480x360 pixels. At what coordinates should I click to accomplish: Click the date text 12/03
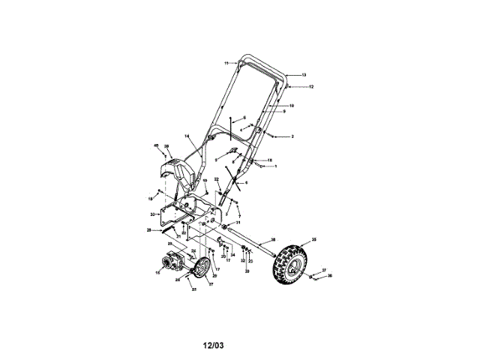pyautogui.click(x=214, y=346)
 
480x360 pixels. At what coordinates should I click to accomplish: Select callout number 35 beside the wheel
pyautogui.click(x=314, y=240)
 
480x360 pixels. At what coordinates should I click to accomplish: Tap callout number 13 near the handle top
pyautogui.click(x=304, y=76)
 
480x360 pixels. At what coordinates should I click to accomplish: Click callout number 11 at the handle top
pyautogui.click(x=226, y=63)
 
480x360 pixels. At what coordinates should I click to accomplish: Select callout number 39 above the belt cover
pyautogui.click(x=167, y=146)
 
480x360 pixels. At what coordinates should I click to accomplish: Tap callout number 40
pyautogui.click(x=156, y=145)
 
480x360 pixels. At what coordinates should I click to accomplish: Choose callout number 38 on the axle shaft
pyautogui.click(x=273, y=238)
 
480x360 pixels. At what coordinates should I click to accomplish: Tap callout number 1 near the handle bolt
pyautogui.click(x=275, y=166)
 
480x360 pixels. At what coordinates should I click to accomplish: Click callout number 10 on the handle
pyautogui.click(x=291, y=106)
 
